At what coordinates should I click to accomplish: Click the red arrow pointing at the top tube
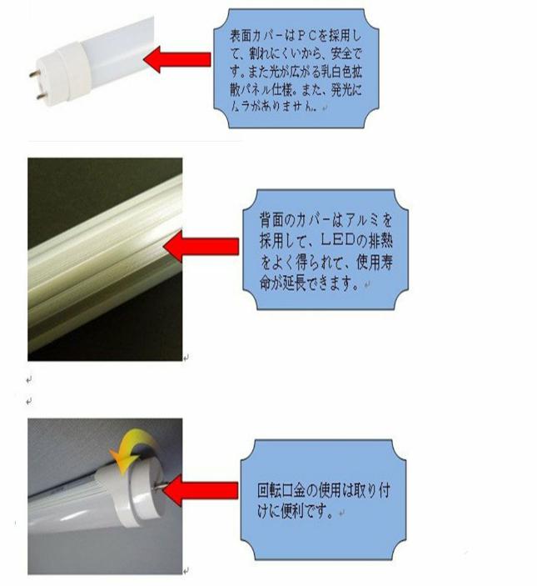coord(177,59)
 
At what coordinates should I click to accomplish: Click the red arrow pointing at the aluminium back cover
coord(201,246)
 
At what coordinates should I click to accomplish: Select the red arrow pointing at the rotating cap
coord(201,490)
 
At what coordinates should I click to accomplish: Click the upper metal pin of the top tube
coord(36,74)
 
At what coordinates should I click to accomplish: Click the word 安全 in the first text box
coord(342,54)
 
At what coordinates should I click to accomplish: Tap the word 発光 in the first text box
coord(342,90)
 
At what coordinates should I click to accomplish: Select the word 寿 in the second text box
coord(386,262)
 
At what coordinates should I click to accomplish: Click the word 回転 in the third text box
coord(269,490)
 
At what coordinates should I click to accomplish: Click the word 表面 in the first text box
coord(241,36)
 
